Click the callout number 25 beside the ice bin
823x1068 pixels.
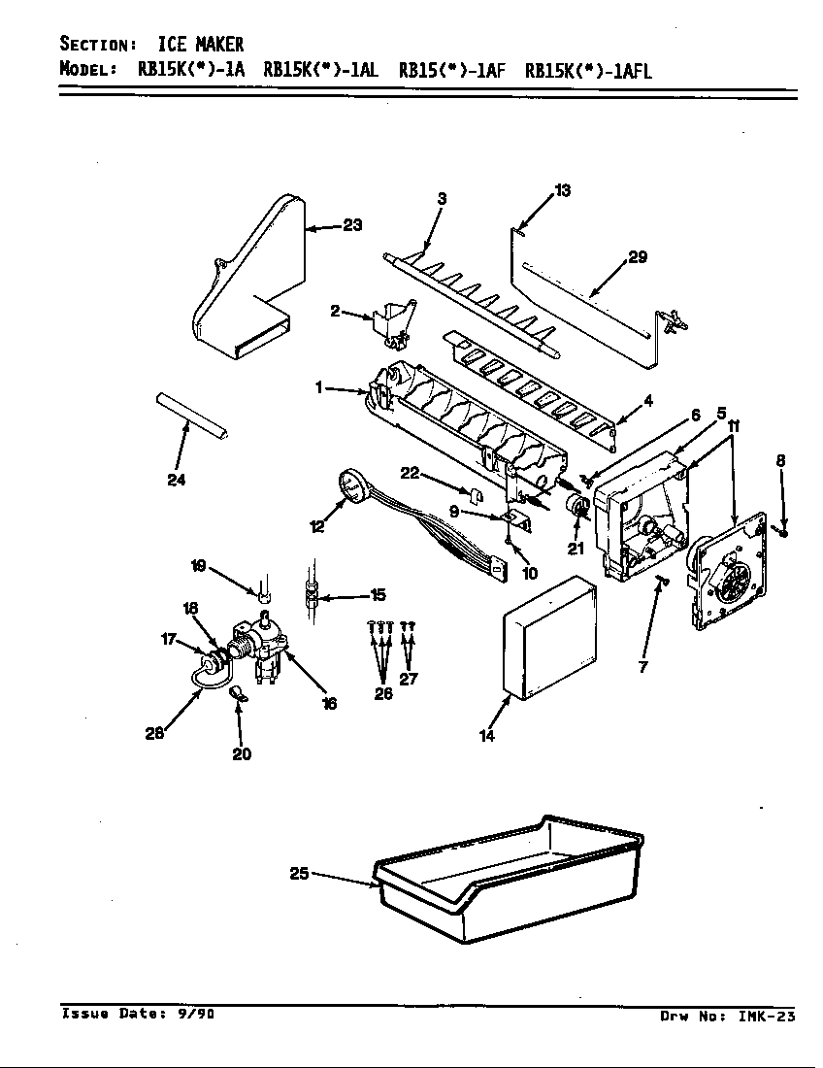299,874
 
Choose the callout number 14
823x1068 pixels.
487,736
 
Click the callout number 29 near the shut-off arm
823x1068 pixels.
638,257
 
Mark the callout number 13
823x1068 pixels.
562,190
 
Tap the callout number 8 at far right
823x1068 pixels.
780,460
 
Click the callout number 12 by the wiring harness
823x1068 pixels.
317,526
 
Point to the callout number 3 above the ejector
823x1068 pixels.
442,199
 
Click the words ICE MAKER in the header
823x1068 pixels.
201,45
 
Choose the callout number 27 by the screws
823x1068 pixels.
409,679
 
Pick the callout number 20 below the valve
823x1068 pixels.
242,754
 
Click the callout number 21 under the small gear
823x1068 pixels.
576,550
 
